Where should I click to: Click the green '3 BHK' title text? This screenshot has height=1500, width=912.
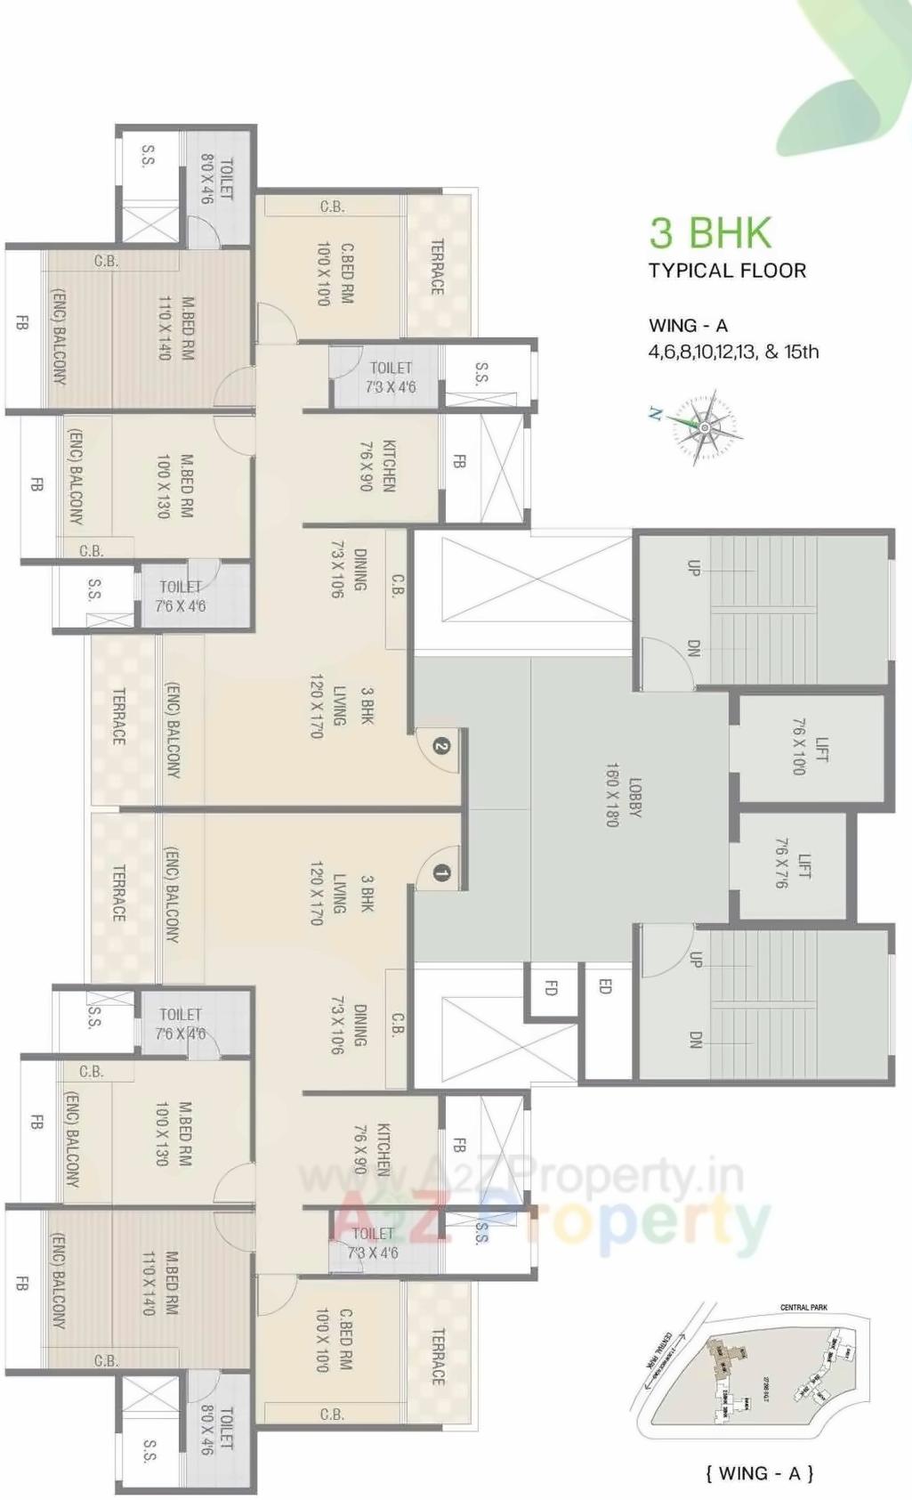(x=710, y=233)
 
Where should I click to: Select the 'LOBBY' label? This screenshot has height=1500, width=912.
(x=635, y=798)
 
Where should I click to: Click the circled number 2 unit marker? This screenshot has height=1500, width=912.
(x=441, y=745)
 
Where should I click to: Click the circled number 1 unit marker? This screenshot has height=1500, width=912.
(x=441, y=873)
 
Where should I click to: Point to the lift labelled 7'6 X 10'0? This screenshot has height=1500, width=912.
(x=810, y=749)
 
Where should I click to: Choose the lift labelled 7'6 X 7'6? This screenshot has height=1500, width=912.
(x=793, y=865)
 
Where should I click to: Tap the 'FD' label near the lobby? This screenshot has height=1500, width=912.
(x=551, y=987)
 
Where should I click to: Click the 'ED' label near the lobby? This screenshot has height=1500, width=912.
(x=605, y=985)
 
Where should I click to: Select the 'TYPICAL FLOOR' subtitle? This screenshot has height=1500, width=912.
(x=727, y=271)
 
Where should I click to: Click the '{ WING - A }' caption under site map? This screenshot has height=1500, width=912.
(x=759, y=1473)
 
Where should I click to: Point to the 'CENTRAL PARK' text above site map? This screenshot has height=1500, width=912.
(x=803, y=1307)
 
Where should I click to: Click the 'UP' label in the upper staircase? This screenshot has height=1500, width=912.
(x=694, y=567)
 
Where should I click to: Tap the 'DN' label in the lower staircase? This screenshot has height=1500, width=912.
(x=695, y=1039)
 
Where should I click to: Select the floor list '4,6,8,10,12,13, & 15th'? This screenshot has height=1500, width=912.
(x=733, y=352)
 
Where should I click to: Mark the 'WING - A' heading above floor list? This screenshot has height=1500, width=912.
(x=688, y=326)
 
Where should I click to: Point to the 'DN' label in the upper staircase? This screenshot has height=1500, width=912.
(x=694, y=647)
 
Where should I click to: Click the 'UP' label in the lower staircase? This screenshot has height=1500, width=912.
(x=695, y=960)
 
